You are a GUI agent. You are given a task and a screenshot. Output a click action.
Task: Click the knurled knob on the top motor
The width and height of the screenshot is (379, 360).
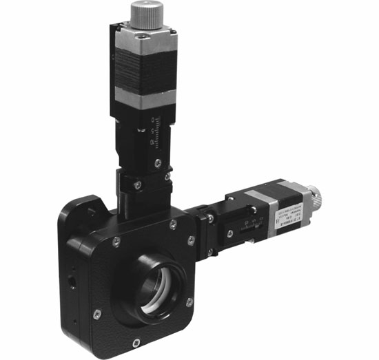[146, 12]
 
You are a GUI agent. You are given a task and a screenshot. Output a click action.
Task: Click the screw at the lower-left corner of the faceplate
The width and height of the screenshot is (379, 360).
[96, 314]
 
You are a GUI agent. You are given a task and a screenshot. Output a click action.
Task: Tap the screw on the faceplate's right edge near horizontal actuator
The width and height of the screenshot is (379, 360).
[191, 240]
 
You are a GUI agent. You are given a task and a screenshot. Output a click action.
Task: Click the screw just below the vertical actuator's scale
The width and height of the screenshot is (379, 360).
[158, 163]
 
